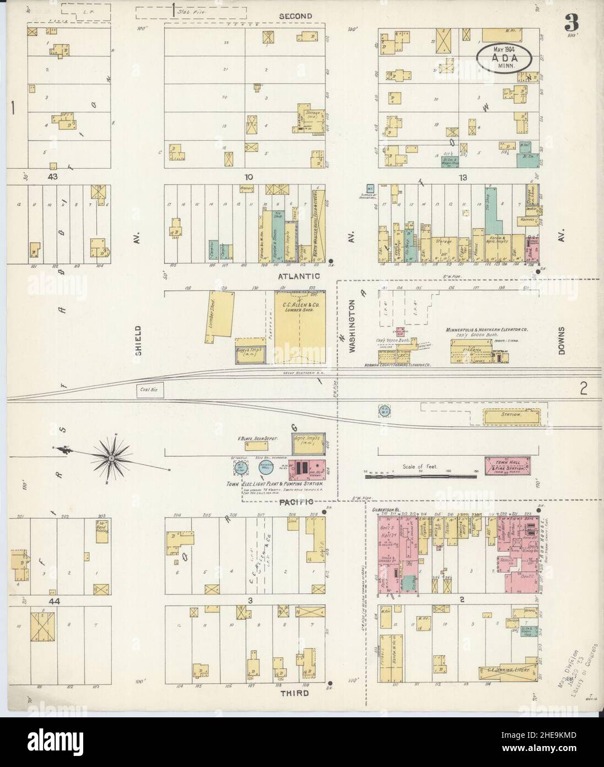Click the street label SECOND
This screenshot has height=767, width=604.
click(295, 16)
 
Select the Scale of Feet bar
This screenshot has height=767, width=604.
click(419, 472)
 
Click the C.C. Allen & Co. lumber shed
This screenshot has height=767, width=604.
click(300, 328)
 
